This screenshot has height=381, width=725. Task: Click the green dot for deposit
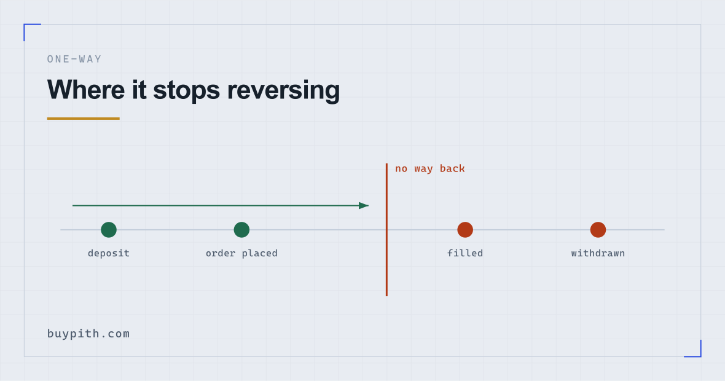point(109,230)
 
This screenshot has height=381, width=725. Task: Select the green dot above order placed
point(241,230)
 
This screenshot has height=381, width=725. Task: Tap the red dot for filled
point(465,230)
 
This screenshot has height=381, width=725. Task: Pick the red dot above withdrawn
point(598,230)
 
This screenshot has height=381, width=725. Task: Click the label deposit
point(109,253)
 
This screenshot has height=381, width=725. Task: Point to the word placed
point(259,253)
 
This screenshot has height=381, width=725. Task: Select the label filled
point(465,253)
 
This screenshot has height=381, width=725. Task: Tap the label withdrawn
point(598,253)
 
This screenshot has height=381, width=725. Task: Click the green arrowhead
point(364,205)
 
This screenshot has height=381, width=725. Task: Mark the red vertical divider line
point(386,229)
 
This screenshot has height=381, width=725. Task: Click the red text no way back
point(430,169)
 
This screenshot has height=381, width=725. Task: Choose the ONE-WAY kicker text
point(74,59)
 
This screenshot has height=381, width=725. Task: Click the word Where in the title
point(86,90)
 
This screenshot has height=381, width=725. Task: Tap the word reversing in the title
point(283,90)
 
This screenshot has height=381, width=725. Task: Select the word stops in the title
point(186,90)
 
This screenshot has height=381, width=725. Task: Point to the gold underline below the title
point(83,119)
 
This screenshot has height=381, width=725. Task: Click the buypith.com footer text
point(88,334)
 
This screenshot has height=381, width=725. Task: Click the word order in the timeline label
point(221,253)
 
